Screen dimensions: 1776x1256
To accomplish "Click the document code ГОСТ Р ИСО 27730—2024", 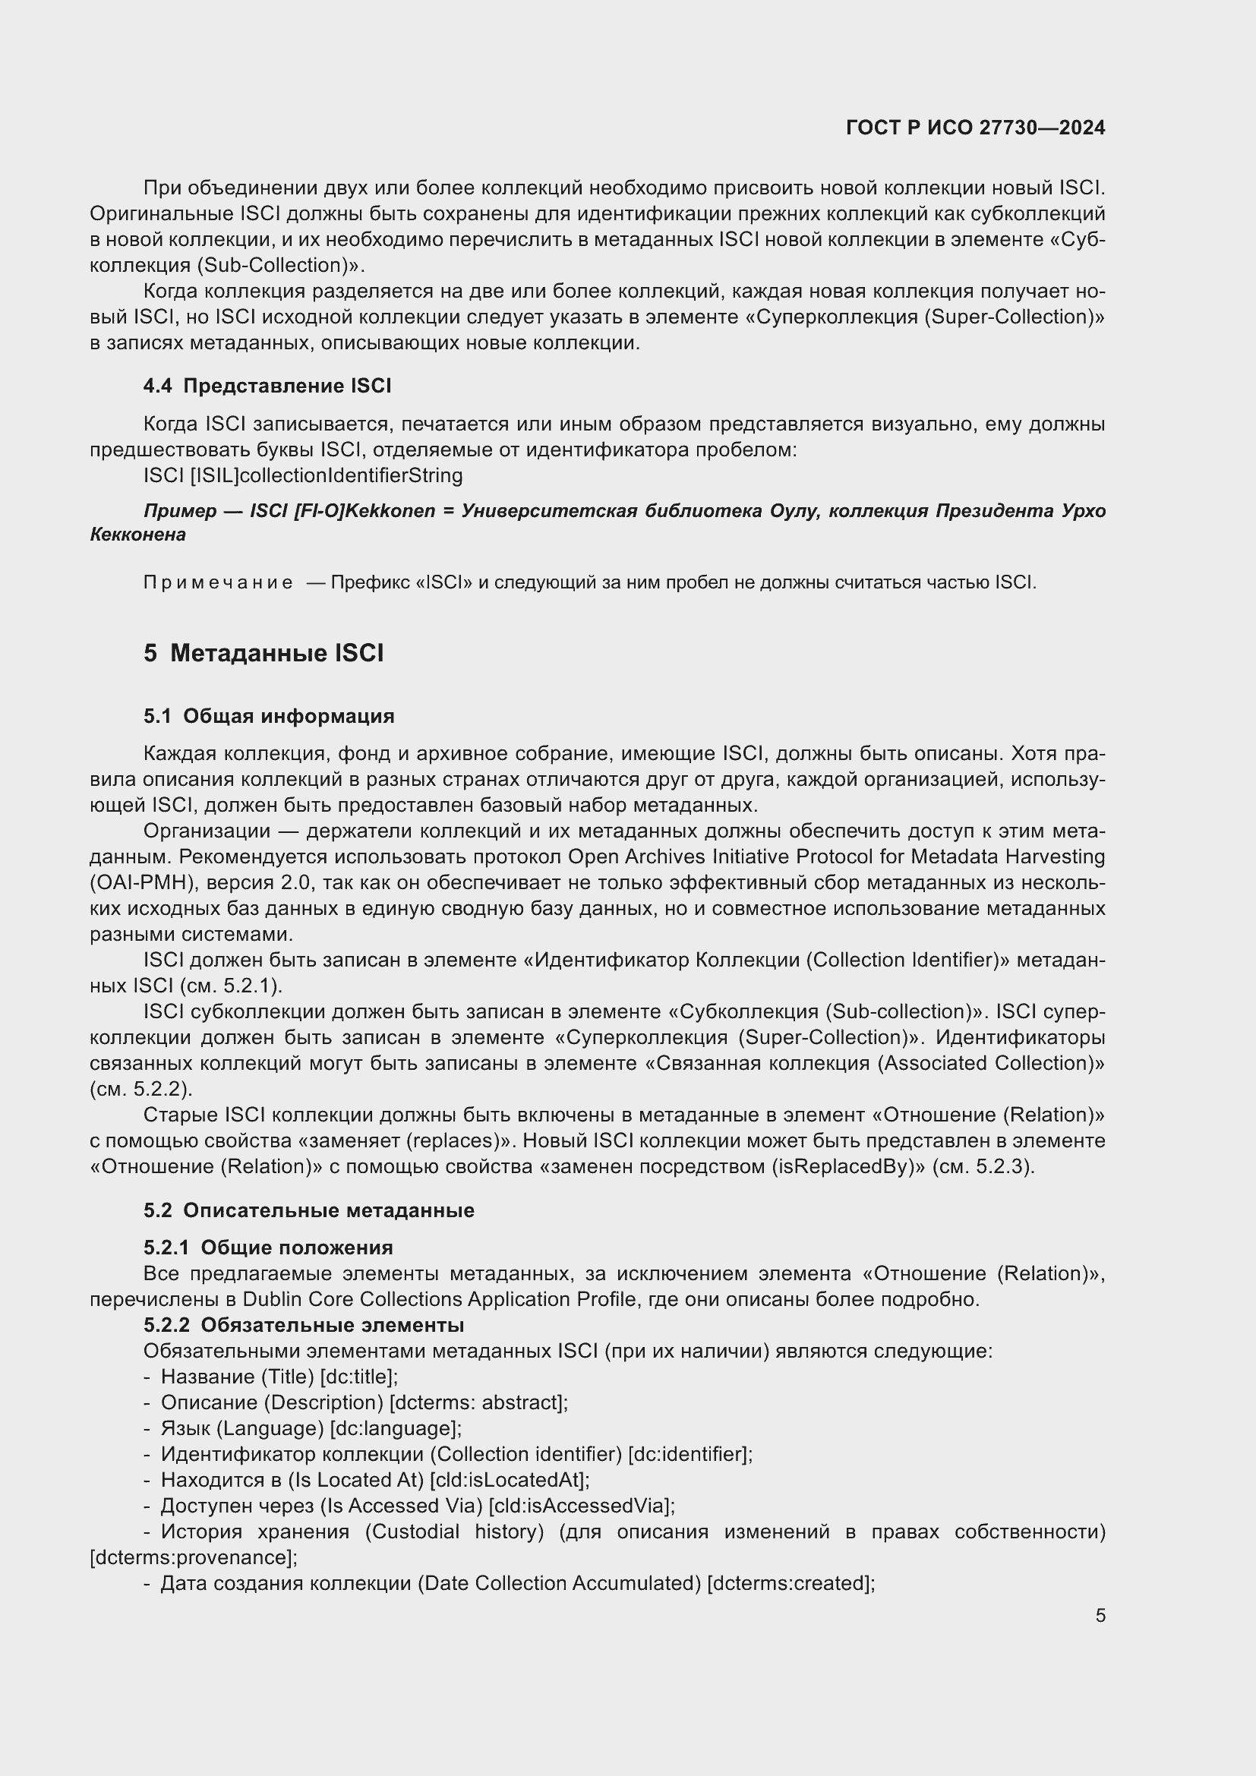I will [x=975, y=128].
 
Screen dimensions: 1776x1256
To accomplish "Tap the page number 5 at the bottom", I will [x=1100, y=1616].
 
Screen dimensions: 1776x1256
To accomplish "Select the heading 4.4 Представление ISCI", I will [x=267, y=386].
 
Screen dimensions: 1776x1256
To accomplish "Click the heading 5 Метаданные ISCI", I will [x=263, y=654].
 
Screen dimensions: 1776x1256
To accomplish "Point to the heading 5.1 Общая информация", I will [x=268, y=716].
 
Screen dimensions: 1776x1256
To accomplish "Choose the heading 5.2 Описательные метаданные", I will [x=308, y=1210].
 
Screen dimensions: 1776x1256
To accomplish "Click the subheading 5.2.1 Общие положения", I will [x=267, y=1248].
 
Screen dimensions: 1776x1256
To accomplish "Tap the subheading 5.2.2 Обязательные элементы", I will [x=303, y=1325].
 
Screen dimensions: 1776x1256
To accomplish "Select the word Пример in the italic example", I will [x=179, y=511].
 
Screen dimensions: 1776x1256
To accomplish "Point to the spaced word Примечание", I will [x=218, y=582].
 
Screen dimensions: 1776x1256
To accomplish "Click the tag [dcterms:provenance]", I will [x=194, y=1557].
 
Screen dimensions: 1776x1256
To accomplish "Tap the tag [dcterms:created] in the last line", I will [x=791, y=1583].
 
